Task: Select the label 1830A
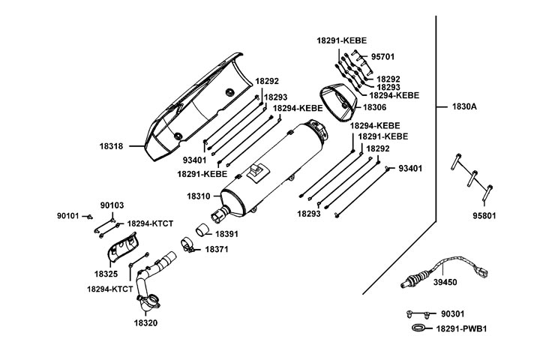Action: [464, 106]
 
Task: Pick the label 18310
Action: [199, 196]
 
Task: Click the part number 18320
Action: [146, 322]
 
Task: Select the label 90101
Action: [67, 216]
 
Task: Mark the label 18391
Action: [227, 234]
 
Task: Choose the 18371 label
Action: [217, 249]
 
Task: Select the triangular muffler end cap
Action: [337, 103]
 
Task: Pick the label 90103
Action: [112, 205]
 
